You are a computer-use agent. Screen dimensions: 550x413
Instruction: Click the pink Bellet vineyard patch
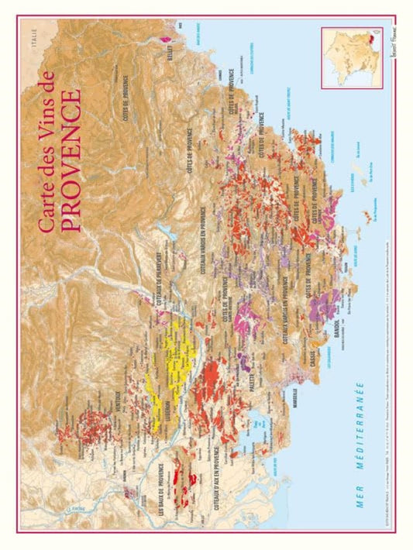point(163,37)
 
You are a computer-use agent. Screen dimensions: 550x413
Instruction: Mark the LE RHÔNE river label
point(77,508)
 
